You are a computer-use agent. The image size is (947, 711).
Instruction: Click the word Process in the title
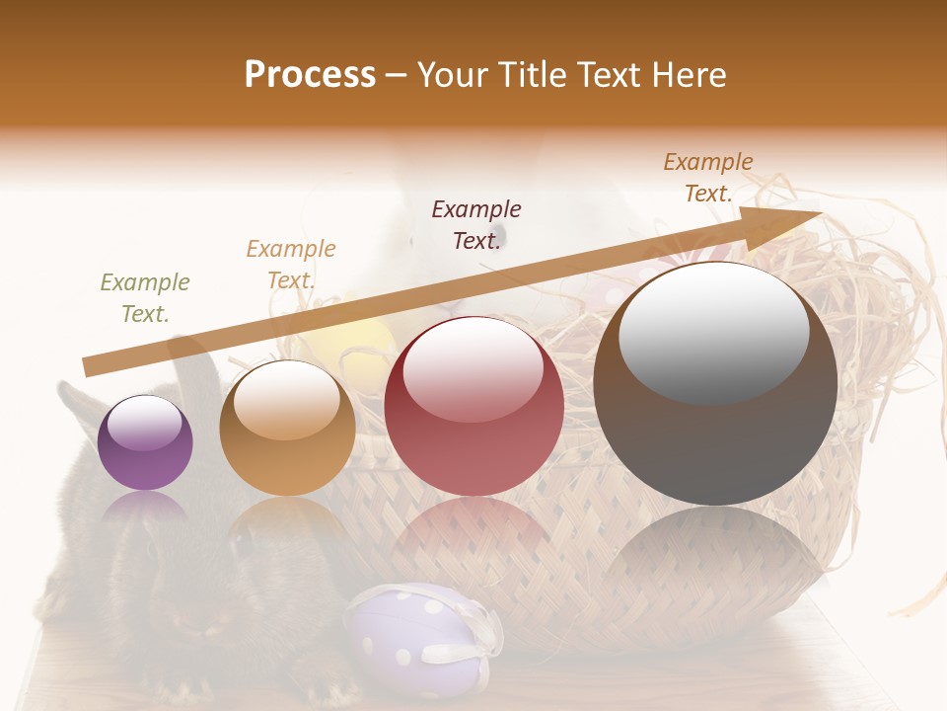(x=310, y=75)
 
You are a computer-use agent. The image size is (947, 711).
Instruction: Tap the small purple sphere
(x=145, y=442)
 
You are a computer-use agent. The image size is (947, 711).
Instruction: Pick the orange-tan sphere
(x=287, y=428)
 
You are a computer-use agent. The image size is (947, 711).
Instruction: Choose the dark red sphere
(x=473, y=406)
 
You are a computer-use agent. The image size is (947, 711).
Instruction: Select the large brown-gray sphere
(x=715, y=383)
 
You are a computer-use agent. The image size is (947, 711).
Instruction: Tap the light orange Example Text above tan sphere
(x=291, y=264)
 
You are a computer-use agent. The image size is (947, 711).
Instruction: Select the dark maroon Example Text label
(x=476, y=224)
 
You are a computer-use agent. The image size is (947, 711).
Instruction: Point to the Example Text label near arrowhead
(x=708, y=178)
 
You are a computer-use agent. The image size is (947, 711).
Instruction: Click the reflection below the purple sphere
(x=145, y=510)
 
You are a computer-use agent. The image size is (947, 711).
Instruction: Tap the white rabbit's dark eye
(x=499, y=234)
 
